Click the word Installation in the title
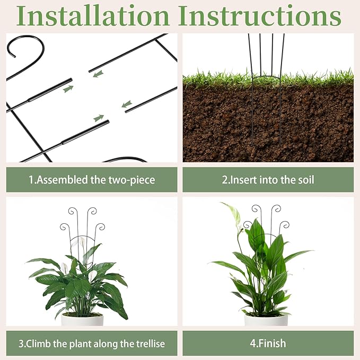[93, 16]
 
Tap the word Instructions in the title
[260, 16]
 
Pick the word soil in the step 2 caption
[306, 180]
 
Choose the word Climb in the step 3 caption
[37, 344]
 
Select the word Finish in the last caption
[273, 344]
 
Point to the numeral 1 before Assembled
[31, 180]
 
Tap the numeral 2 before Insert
[225, 180]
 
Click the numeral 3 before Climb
[21, 344]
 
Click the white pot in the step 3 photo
[82, 319]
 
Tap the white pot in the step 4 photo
[266, 320]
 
